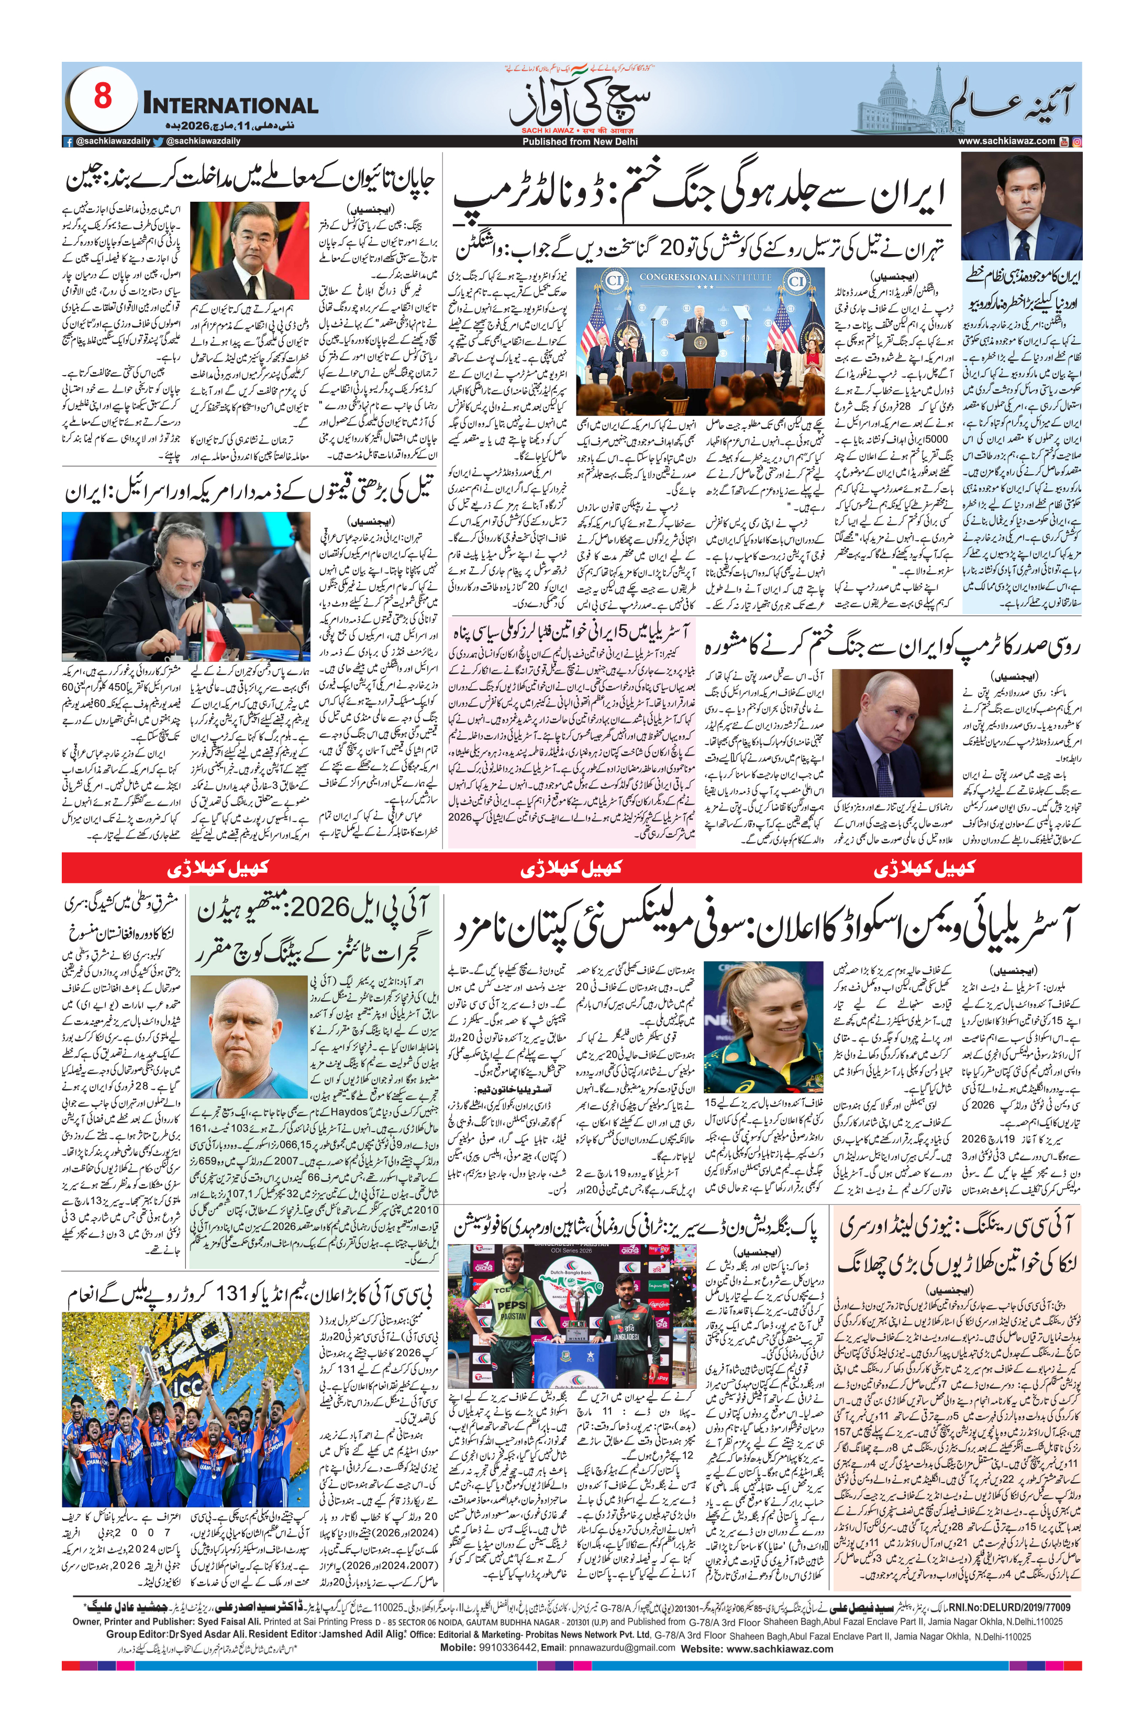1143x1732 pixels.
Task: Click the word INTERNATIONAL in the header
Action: pyautogui.click(x=231, y=105)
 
